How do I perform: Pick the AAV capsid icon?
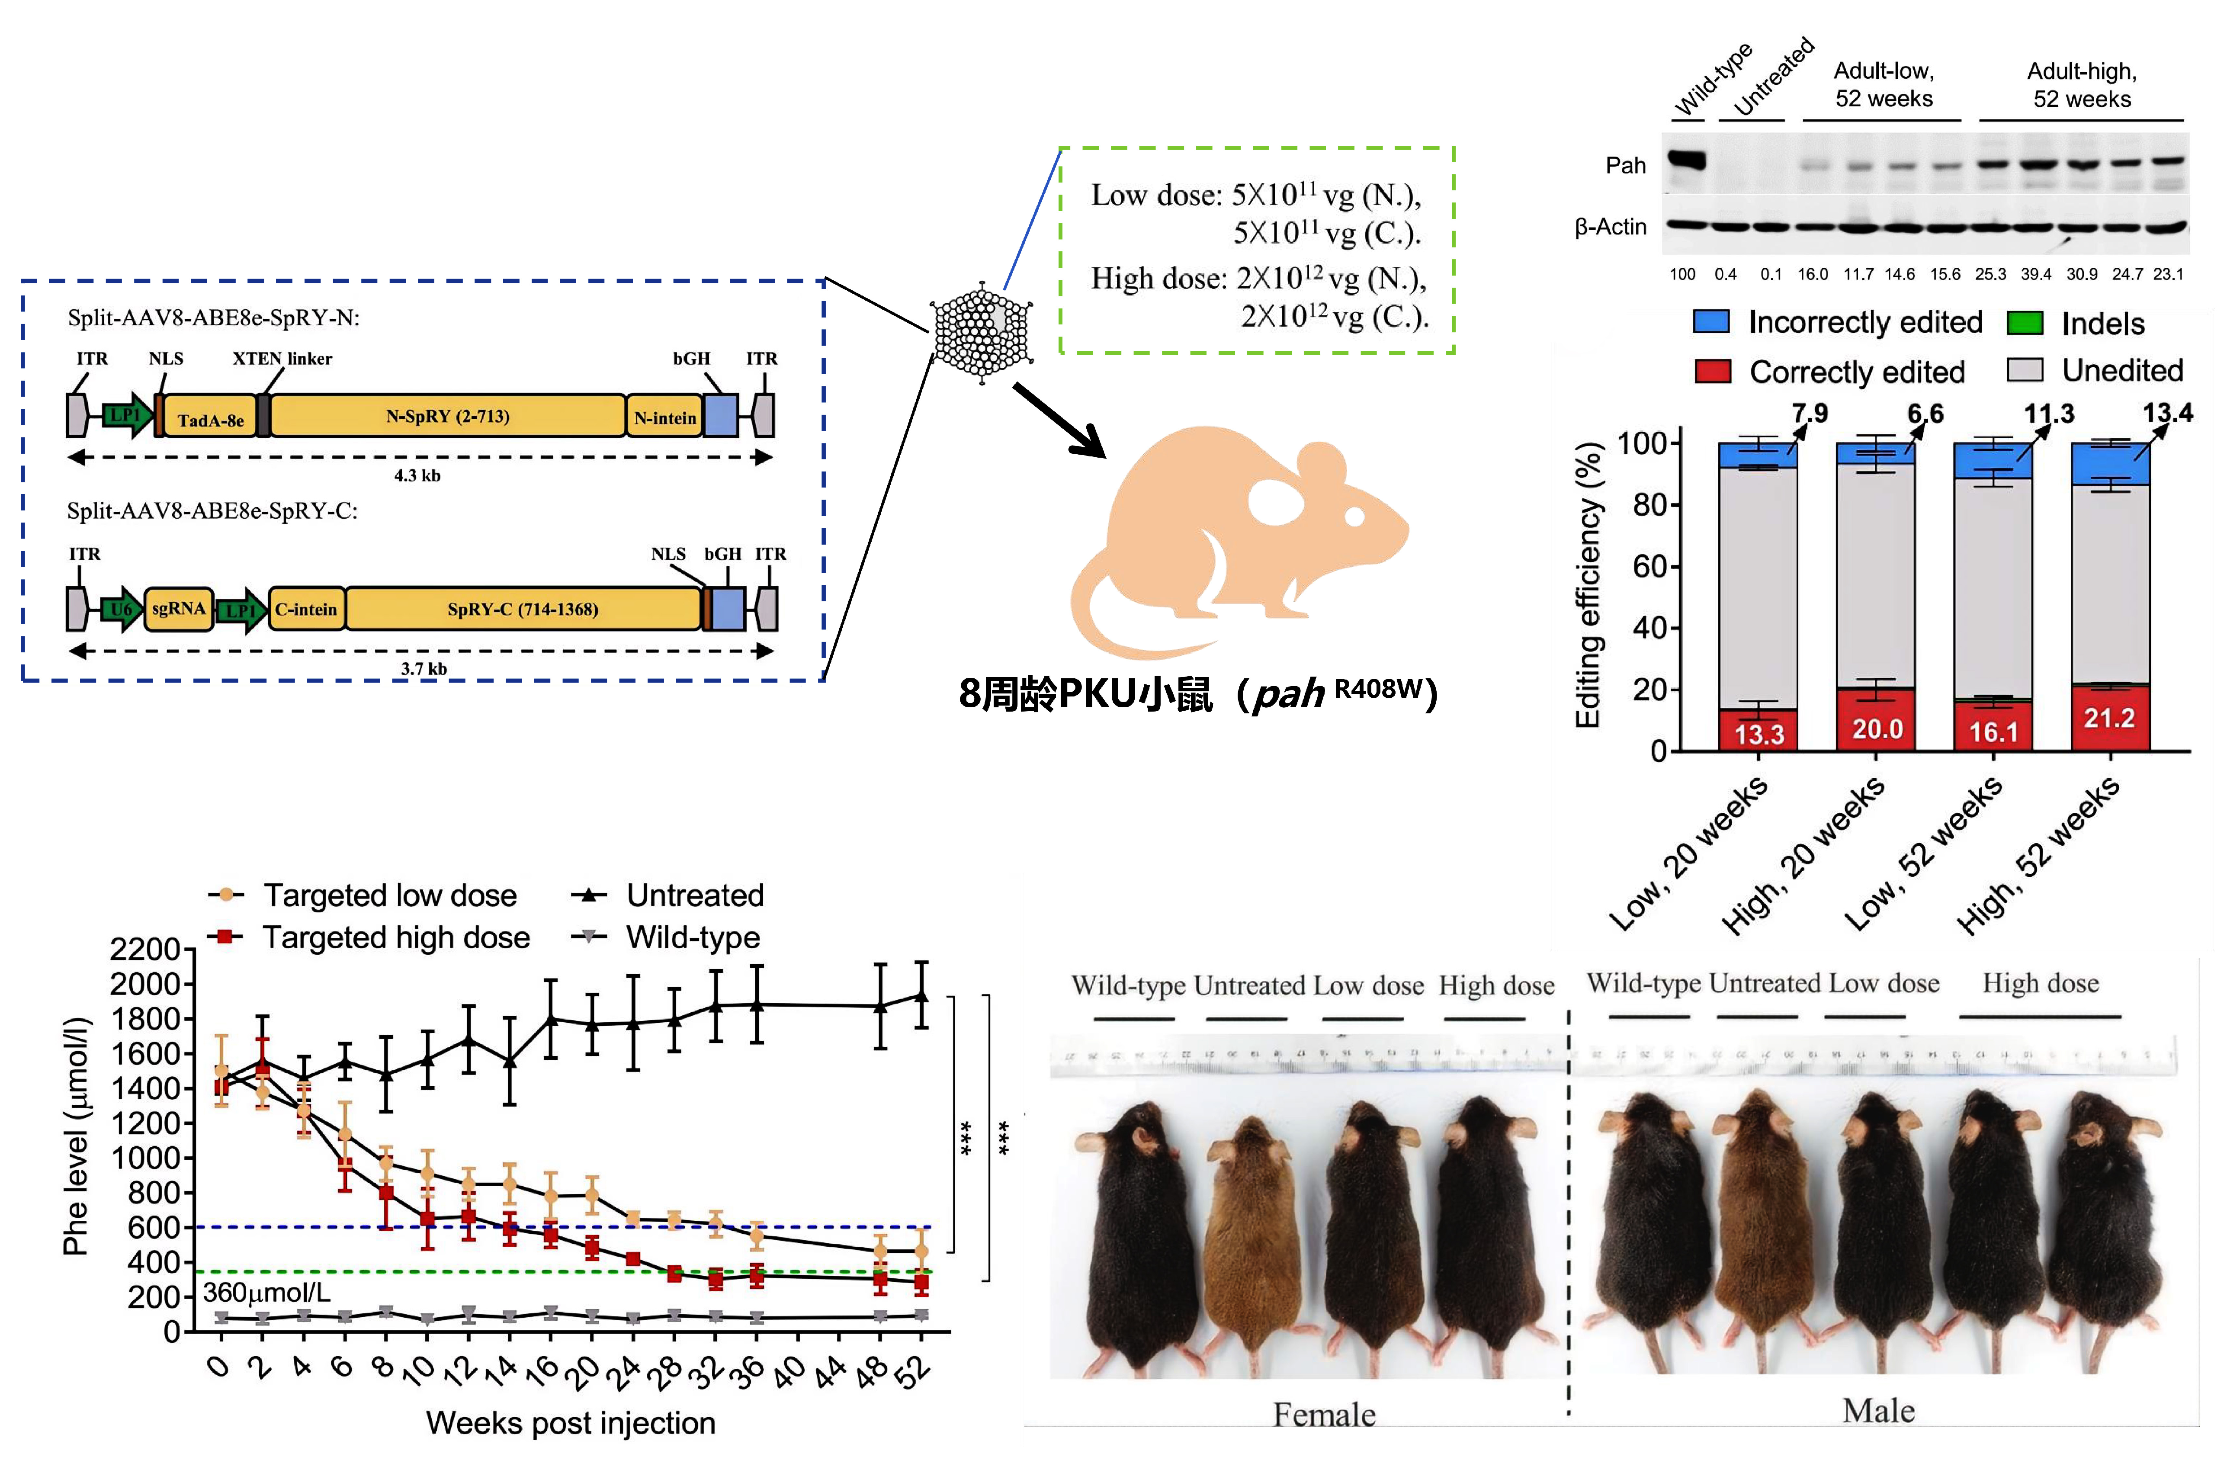tap(982, 332)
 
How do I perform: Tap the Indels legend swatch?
tap(2024, 324)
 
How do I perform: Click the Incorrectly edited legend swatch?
tap(1711, 322)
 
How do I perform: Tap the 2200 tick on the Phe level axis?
tap(145, 949)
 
